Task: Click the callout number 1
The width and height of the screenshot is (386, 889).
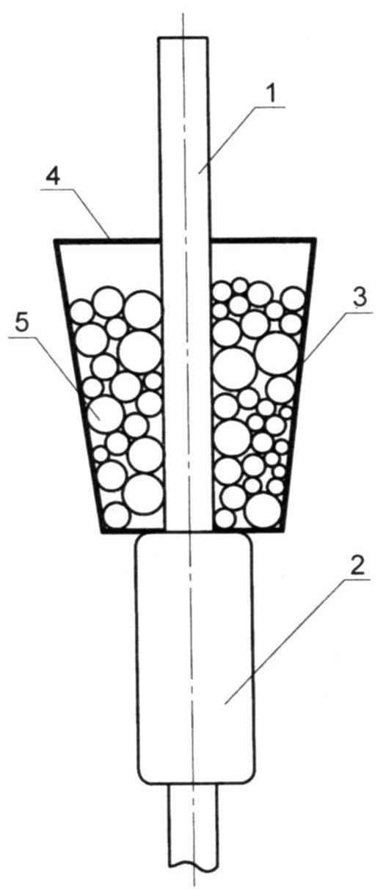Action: coord(272,95)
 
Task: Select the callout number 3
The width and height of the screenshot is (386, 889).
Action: coord(360,299)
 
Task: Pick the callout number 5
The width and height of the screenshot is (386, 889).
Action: coord(22,323)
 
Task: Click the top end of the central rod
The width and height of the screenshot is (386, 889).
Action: coord(183,37)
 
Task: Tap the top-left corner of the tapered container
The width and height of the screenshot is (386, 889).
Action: coord(55,239)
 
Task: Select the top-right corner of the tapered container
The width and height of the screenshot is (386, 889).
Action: coord(316,239)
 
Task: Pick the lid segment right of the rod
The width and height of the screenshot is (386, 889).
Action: coord(262,239)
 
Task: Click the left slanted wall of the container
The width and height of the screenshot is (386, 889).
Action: coord(79,385)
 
